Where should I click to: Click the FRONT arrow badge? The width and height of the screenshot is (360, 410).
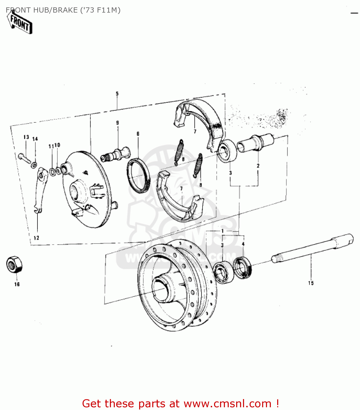coord(20,24)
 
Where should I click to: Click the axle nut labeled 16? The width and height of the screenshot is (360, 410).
coord(14,264)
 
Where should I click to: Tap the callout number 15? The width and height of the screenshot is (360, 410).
coord(311,283)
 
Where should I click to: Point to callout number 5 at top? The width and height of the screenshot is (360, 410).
coord(117,94)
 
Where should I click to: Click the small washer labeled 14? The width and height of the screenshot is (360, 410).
coord(34,165)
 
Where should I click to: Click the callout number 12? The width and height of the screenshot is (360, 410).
coord(36,238)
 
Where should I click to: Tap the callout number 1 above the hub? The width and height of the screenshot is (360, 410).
coord(223,231)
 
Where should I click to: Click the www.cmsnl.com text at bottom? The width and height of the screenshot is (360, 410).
coord(227,403)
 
